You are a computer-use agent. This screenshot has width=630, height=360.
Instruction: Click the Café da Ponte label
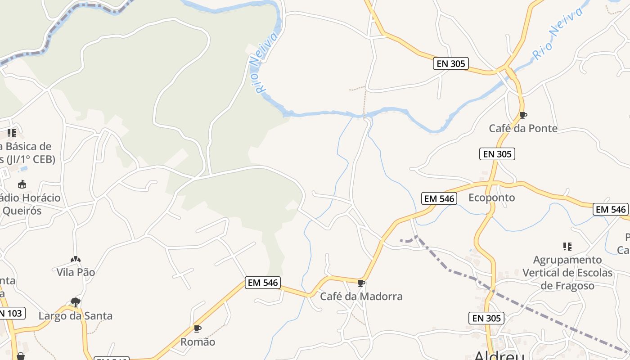(x=523, y=128)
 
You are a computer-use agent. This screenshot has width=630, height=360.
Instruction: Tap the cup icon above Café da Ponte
(x=523, y=116)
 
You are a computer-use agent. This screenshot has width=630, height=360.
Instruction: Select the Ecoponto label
(x=491, y=198)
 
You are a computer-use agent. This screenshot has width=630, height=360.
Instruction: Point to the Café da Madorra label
(x=361, y=297)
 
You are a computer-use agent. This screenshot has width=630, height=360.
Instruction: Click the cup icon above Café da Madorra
(x=361, y=283)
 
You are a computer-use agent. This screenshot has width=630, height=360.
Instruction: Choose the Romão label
(x=198, y=342)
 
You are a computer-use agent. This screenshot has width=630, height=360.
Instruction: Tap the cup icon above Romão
(x=197, y=328)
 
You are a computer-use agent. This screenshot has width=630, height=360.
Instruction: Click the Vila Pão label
(x=76, y=272)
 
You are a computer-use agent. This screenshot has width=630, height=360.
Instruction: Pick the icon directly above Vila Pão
(x=76, y=259)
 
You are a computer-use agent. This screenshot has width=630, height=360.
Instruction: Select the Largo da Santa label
(x=75, y=316)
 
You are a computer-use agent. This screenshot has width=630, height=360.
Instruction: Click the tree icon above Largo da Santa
(x=76, y=302)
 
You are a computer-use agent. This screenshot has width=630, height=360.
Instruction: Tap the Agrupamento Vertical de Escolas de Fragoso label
(x=567, y=273)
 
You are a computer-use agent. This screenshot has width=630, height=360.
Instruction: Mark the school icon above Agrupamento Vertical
(x=567, y=247)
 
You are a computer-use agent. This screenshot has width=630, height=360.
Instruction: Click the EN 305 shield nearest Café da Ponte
(x=496, y=154)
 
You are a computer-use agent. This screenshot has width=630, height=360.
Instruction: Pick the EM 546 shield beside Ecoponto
(x=439, y=198)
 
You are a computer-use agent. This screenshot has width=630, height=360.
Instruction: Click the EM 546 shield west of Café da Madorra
(x=263, y=283)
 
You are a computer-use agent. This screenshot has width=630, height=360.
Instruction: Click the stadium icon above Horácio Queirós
(x=22, y=184)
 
